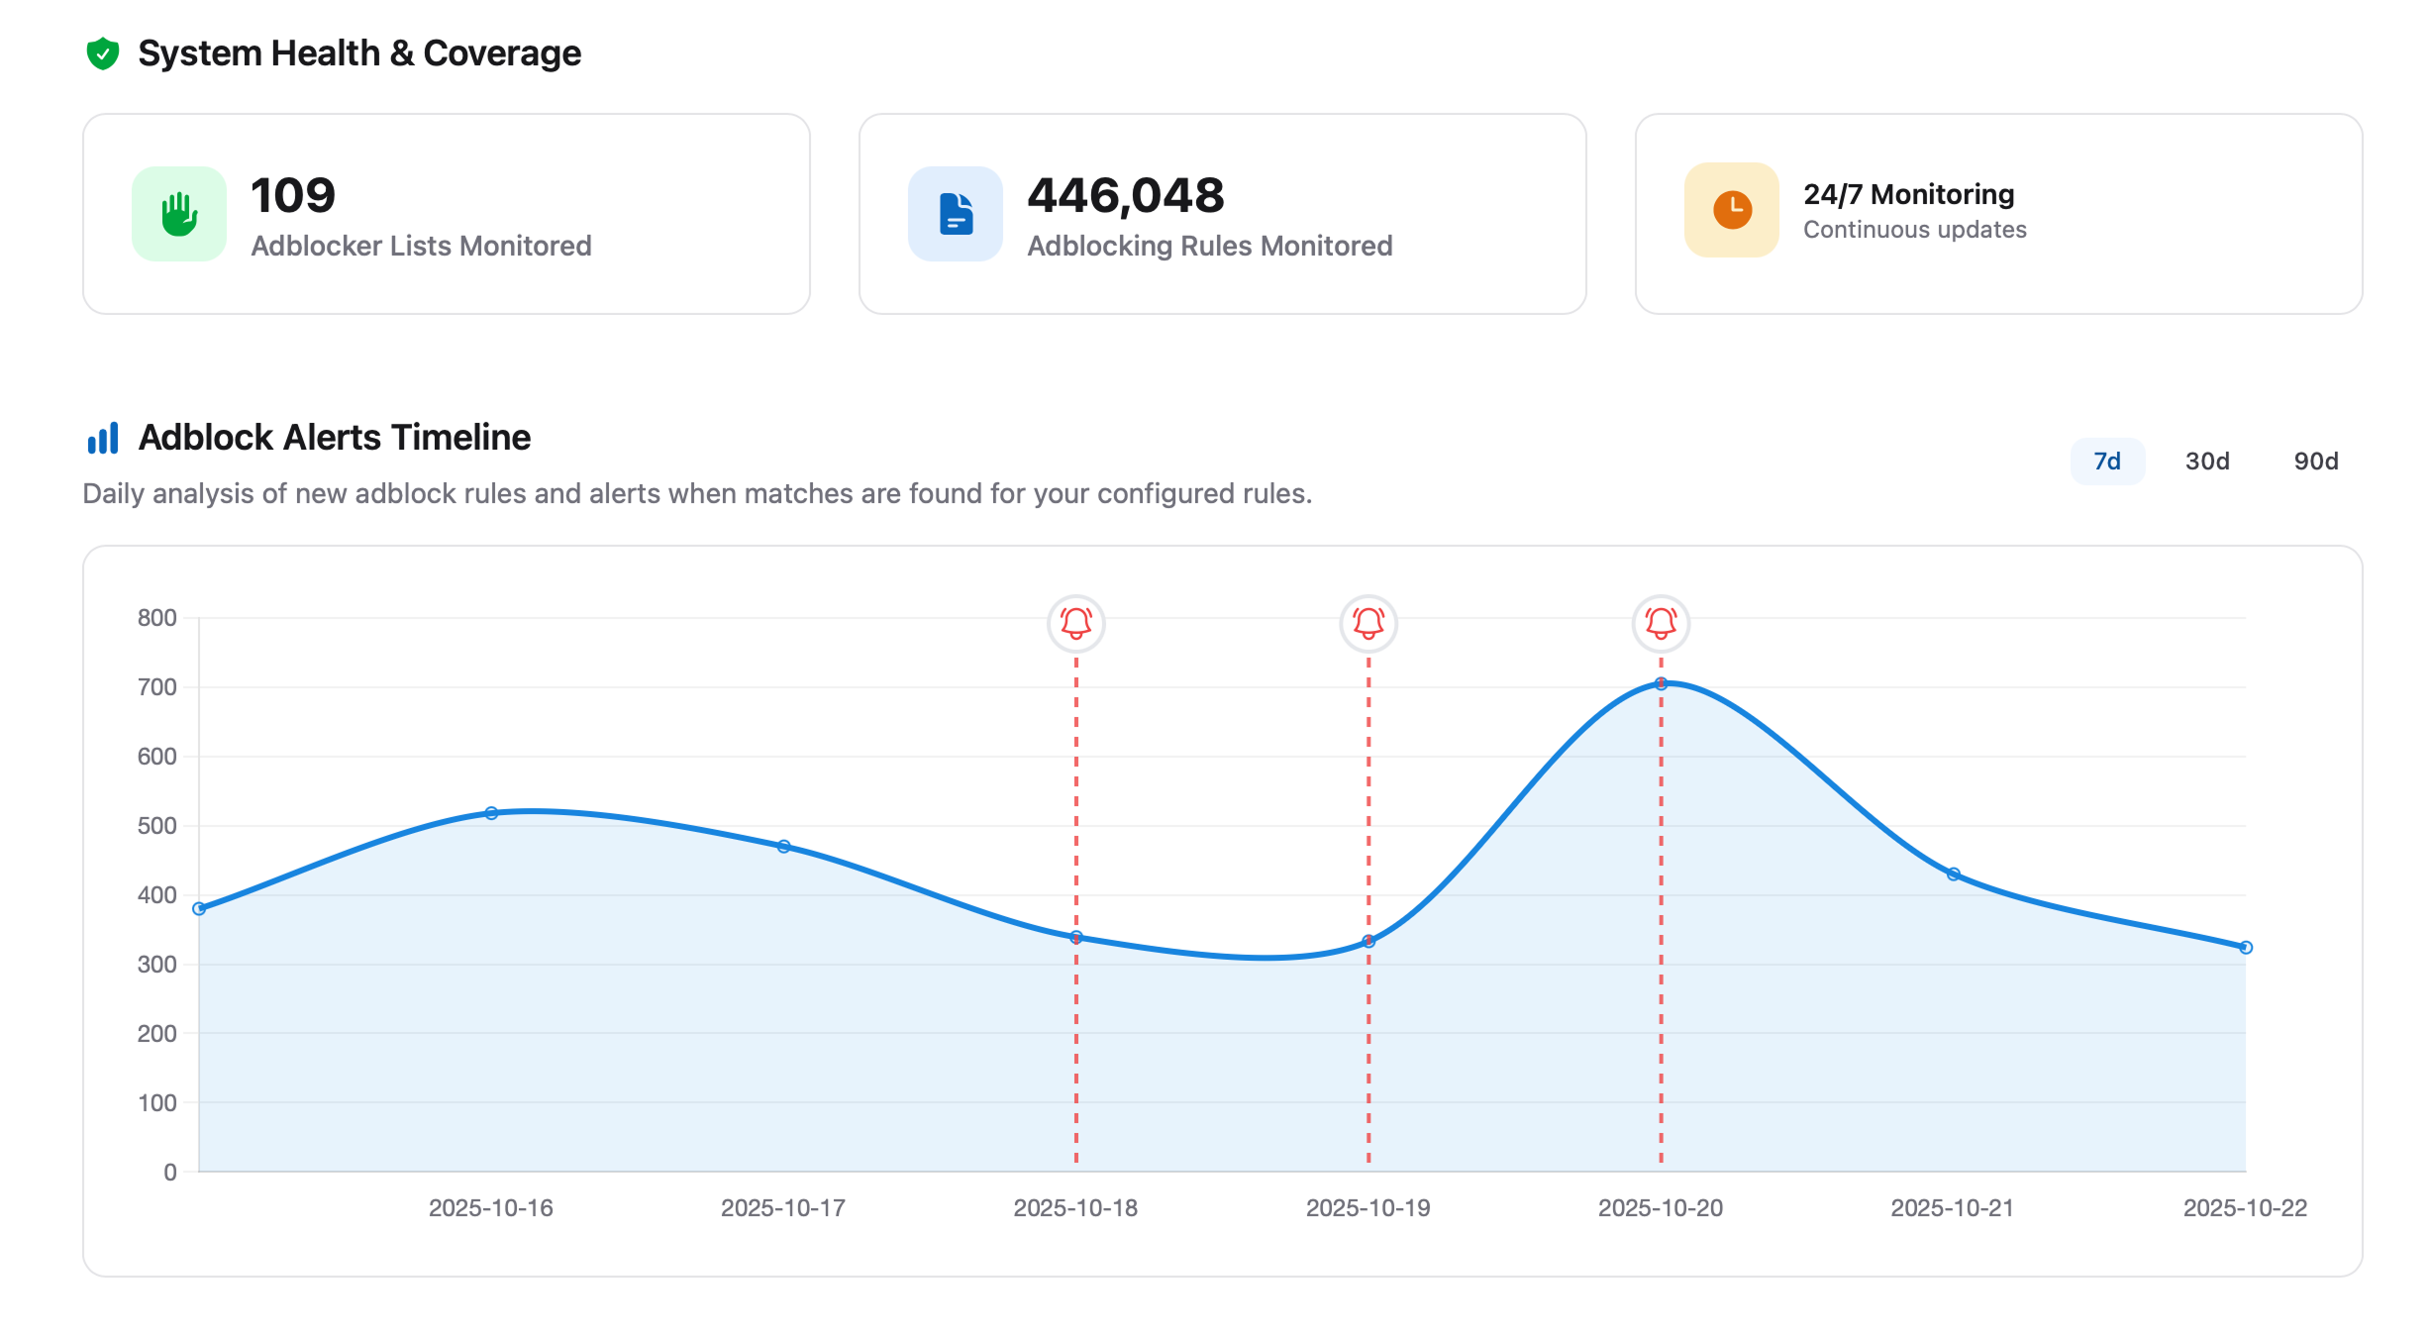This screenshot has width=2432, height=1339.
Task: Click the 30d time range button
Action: pos(2206,462)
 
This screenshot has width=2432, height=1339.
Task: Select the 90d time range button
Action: pos(2315,462)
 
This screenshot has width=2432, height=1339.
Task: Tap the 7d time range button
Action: pos(2107,462)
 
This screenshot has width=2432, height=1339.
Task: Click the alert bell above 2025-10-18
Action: pos(1075,623)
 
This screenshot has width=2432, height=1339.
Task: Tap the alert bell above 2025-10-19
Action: pos(1368,623)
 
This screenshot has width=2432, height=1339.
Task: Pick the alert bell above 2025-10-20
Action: pos(1661,623)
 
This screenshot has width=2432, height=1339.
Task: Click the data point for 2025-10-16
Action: pos(491,813)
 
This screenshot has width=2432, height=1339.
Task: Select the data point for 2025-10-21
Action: pos(1953,875)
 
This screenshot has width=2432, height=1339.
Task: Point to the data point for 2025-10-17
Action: pos(783,847)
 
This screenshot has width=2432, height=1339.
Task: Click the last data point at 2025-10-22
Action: pos(2245,948)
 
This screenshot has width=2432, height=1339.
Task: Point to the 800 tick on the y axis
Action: pos(157,618)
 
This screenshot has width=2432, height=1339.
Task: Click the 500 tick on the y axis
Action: pos(157,826)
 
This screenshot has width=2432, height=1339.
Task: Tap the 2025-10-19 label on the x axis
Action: pos(1368,1208)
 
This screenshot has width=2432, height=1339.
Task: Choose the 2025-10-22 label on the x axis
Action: pos(2244,1208)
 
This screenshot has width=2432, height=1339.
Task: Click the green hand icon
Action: pos(179,214)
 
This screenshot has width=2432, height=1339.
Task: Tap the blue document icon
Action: pos(956,214)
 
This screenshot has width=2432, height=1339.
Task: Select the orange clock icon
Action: pos(1732,210)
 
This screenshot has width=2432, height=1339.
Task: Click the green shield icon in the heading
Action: pos(103,53)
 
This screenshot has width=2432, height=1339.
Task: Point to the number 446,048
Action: pos(1126,195)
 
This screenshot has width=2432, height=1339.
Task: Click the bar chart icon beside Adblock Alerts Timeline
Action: pos(103,438)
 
